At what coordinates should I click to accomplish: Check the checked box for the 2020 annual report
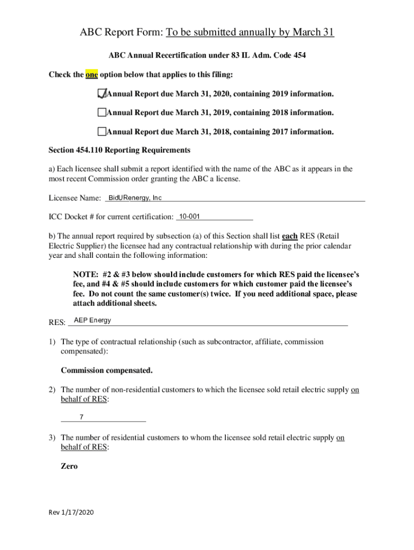point(102,94)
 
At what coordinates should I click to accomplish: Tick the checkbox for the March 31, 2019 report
point(102,113)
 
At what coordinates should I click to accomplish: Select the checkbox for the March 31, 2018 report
point(102,132)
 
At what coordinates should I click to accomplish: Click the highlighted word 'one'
point(91,75)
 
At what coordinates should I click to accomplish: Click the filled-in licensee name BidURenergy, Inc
point(135,198)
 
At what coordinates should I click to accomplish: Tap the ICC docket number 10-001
point(189,216)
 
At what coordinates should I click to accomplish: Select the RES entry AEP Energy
point(92,320)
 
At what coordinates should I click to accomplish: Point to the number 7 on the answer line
point(81,417)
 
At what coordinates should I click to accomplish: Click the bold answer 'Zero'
point(69,466)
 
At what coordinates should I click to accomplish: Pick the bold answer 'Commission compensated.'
point(106,371)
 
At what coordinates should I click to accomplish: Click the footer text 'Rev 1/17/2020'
point(71,513)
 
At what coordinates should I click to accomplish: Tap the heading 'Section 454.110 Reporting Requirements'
point(119,150)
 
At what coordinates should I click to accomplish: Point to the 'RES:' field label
point(57,322)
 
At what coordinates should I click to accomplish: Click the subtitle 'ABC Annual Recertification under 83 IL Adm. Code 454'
point(207,55)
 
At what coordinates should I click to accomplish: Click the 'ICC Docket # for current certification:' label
point(111,217)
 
